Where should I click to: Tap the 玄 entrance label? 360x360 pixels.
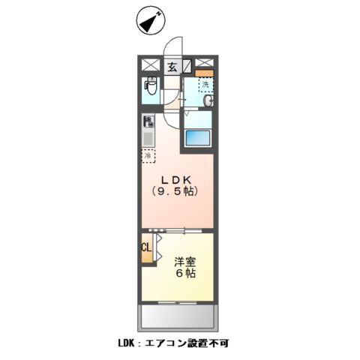click(x=172, y=66)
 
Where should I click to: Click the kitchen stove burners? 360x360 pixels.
click(x=149, y=121)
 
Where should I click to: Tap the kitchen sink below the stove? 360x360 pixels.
click(x=148, y=138)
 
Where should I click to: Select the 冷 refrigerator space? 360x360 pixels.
click(x=148, y=155)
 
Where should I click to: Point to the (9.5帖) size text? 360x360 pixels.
click(x=177, y=193)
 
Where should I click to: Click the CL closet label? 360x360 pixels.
click(x=147, y=247)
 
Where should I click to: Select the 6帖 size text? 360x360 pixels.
click(x=186, y=274)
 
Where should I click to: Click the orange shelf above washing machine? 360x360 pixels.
click(x=205, y=73)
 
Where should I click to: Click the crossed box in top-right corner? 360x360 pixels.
click(x=209, y=64)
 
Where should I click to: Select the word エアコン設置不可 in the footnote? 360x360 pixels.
click(x=199, y=344)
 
